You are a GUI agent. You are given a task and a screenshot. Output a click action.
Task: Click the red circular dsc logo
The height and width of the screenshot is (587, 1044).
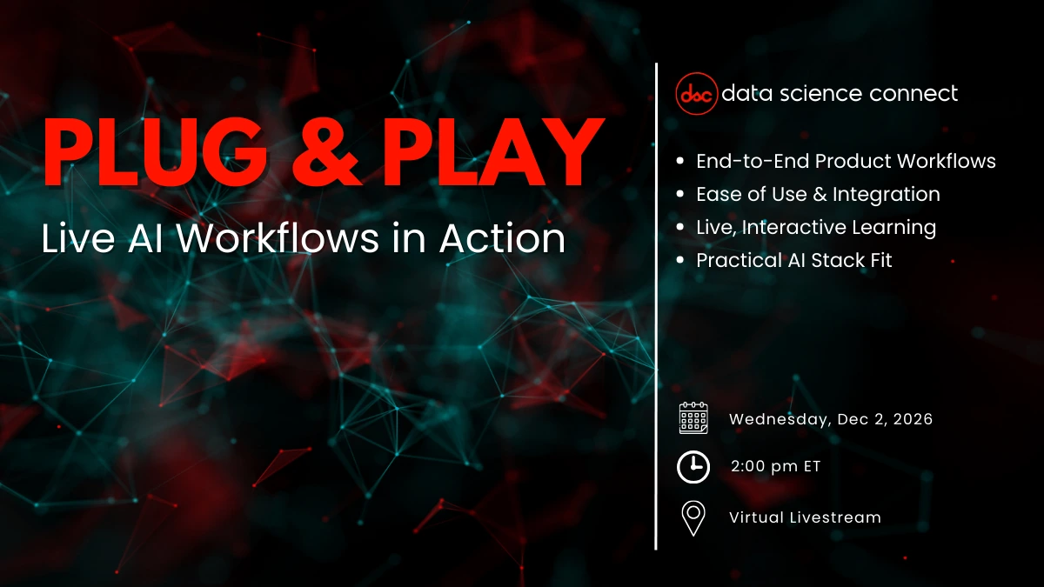(x=697, y=94)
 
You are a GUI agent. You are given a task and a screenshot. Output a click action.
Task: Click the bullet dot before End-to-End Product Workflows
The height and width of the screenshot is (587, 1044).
(x=679, y=162)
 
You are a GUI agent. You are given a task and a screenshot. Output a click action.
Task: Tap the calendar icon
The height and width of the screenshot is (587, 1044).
(x=693, y=418)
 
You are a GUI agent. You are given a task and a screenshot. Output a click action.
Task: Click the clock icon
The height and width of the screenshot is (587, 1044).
(x=693, y=467)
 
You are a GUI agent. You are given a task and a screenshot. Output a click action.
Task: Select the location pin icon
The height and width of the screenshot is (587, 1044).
(x=693, y=517)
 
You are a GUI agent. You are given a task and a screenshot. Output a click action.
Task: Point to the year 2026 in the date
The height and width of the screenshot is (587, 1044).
(x=910, y=419)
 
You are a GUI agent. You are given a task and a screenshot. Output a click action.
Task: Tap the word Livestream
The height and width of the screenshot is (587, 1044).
(x=835, y=517)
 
